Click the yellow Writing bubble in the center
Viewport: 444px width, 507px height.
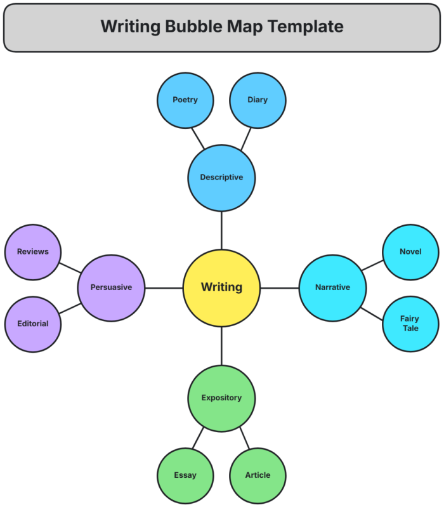(221, 287)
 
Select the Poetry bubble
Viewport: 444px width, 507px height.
(185, 100)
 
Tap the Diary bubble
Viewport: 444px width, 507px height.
(258, 100)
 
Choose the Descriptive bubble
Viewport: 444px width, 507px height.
(221, 178)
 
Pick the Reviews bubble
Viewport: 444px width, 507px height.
(32, 252)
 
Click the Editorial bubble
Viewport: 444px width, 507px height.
(32, 324)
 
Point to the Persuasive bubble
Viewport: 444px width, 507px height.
(111, 287)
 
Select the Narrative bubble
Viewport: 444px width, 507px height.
(332, 287)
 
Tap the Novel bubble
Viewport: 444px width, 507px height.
(410, 252)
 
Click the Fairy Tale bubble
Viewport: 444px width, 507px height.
(410, 324)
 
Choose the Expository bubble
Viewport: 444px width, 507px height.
(221, 398)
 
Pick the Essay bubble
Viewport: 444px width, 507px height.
(185, 475)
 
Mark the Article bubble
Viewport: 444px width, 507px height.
(258, 475)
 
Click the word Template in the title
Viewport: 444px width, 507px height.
(307, 27)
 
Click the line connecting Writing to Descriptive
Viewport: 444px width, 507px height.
(221, 230)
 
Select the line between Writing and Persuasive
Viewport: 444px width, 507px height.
(164, 288)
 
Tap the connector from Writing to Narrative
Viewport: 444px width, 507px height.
(279, 288)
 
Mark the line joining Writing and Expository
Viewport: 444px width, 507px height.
(221, 346)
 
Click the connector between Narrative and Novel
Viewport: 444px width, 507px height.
(372, 265)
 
